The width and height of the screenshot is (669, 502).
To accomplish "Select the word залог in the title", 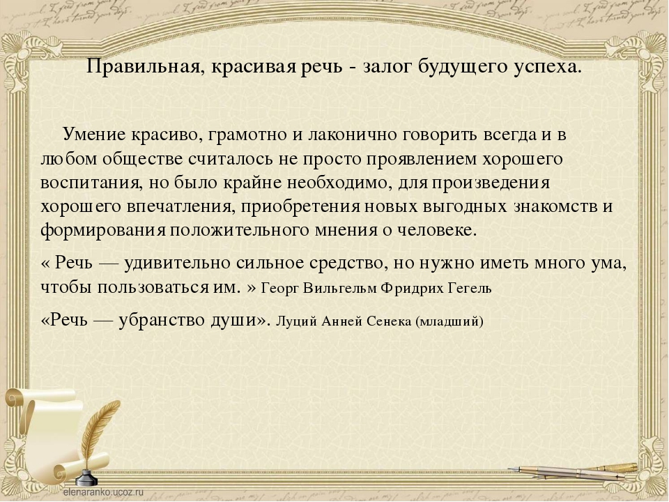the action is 387,68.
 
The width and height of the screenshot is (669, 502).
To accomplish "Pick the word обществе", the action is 144,159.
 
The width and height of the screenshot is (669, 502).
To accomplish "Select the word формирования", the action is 103,231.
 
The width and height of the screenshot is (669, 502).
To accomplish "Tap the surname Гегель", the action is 470,289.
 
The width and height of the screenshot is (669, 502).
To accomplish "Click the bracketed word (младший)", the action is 449,321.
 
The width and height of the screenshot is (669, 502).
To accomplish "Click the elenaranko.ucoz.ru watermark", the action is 103,492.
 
